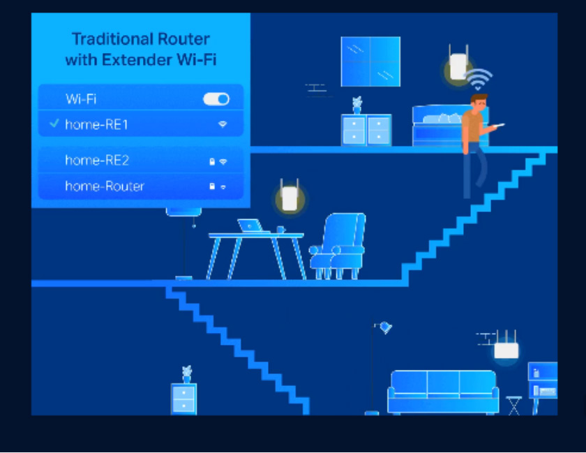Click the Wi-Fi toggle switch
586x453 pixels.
pos(216,99)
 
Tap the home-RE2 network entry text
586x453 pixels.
pos(97,161)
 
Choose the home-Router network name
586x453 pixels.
pos(105,186)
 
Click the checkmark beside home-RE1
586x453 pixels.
pos(54,124)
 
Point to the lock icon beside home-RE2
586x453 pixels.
pos(213,161)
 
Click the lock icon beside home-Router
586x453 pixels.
pos(212,187)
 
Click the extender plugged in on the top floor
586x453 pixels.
pos(458,66)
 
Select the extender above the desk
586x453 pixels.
pos(287,197)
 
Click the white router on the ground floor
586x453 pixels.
pos(506,350)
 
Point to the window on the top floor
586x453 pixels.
pos(370,61)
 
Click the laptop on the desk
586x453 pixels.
pos(250,226)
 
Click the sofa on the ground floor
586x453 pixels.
pos(444,391)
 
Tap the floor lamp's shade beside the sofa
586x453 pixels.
pos(384,327)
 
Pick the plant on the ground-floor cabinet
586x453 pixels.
pos(186,373)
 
